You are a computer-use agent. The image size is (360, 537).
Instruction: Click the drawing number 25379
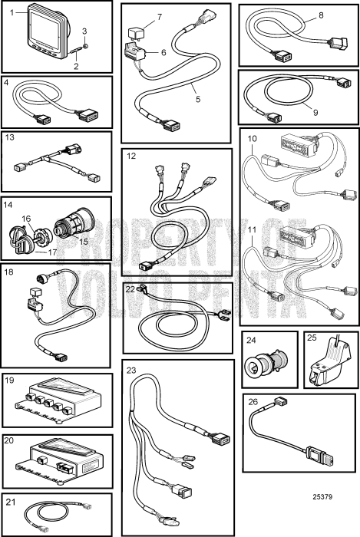(322, 496)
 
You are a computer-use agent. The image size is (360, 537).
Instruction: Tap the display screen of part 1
(45, 28)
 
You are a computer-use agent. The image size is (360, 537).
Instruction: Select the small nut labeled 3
(85, 46)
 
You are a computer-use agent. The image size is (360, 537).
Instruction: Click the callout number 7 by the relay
(160, 17)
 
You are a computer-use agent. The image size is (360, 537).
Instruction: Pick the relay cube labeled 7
(135, 33)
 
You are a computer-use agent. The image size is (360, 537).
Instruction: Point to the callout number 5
(197, 99)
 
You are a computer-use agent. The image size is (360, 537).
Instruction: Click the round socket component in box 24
(267, 365)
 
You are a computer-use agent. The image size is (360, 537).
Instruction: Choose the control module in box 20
(60, 461)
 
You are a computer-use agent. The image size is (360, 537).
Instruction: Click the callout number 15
(84, 241)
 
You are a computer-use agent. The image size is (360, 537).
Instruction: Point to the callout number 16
(26, 219)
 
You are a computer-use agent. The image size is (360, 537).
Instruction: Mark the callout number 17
(52, 252)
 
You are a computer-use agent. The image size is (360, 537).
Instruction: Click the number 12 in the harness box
(131, 156)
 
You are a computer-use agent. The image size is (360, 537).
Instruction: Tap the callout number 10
(252, 138)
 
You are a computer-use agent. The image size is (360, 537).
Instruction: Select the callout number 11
(252, 229)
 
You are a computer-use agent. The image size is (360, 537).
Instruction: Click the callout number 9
(315, 112)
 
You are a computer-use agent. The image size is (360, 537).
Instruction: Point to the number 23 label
(131, 371)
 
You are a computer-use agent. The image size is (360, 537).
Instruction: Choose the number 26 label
(253, 401)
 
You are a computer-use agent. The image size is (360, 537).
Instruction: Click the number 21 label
(11, 502)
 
